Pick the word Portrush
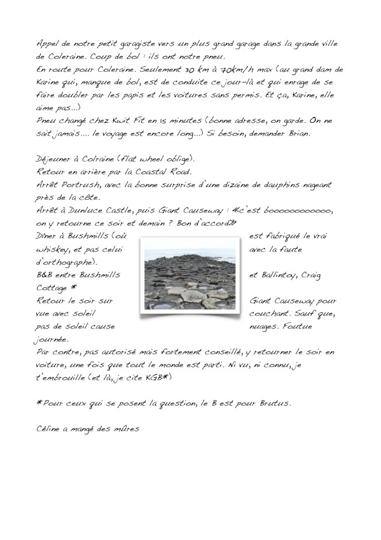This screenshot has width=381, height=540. (79, 184)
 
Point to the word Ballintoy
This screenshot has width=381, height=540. (290, 275)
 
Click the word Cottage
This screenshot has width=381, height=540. (53, 287)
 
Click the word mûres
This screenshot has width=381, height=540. (126, 428)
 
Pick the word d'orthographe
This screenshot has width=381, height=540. (66, 261)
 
